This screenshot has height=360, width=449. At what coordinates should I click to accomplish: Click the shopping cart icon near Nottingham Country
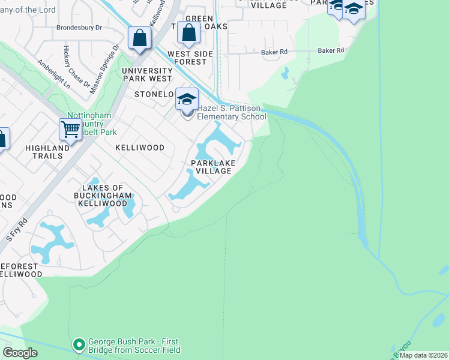pos(70,129)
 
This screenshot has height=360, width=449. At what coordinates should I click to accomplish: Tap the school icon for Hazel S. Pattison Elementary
pos(187,99)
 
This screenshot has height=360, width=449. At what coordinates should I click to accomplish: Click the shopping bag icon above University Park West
pos(139,38)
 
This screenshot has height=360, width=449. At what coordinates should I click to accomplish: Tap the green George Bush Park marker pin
pos(79,344)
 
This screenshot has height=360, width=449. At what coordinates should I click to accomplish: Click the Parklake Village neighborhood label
pos(211,167)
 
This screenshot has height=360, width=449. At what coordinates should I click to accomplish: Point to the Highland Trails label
pos(47,152)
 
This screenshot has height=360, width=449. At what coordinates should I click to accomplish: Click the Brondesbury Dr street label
pos(80,28)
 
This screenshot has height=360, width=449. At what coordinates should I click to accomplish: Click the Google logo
pos(20,353)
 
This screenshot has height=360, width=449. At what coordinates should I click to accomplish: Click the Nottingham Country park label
pos(89,123)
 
